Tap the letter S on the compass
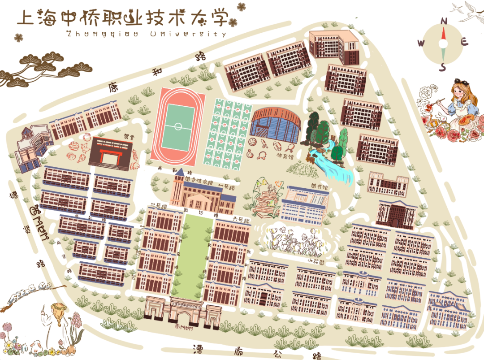(x=443, y=67)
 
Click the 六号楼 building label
(x=239, y=218)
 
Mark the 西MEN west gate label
(x=38, y=223)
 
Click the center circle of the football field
(x=178, y=126)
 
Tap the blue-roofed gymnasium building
(x=274, y=123)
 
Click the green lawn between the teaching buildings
(x=194, y=256)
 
